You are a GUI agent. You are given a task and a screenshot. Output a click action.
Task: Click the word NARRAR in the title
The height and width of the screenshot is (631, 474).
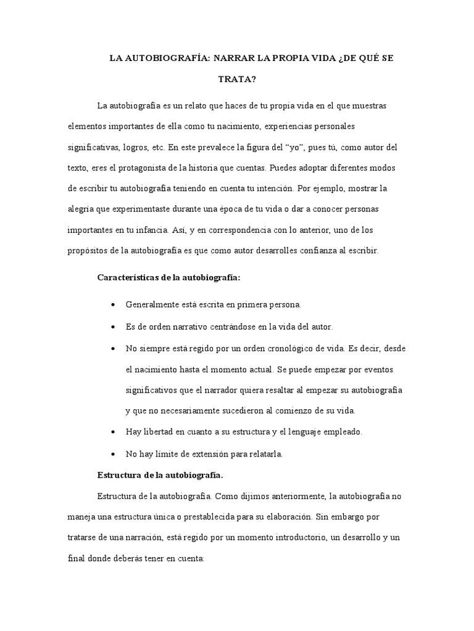236,59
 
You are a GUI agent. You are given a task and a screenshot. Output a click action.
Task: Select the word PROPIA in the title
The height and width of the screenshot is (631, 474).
307,59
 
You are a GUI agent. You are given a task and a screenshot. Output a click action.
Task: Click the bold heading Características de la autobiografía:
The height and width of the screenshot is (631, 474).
168,277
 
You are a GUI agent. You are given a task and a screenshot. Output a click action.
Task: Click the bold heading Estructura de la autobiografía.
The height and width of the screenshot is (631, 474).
160,475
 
